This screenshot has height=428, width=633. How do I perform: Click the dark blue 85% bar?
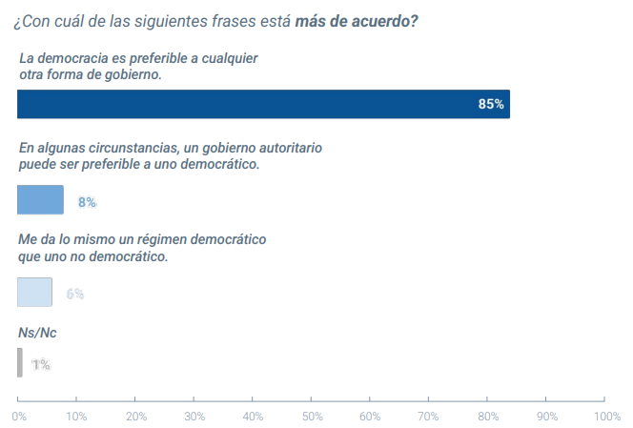pyautogui.click(x=263, y=104)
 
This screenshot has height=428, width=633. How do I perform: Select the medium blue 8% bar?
pyautogui.click(x=40, y=199)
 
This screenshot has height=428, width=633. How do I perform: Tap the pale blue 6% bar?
pyautogui.click(x=34, y=292)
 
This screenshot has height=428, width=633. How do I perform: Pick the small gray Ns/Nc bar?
pyautogui.click(x=19, y=362)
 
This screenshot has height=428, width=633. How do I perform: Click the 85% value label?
pyautogui.click(x=491, y=104)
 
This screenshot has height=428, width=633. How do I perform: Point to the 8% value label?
pyautogui.click(x=88, y=202)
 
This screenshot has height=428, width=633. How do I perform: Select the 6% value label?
pyautogui.click(x=75, y=294)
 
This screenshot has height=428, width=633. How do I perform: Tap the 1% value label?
pyautogui.click(x=41, y=364)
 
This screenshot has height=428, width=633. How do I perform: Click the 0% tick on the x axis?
pyautogui.click(x=18, y=416)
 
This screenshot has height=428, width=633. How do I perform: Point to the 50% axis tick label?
pyautogui.click(x=312, y=416)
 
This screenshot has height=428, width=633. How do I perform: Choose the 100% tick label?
pyautogui.click(x=606, y=416)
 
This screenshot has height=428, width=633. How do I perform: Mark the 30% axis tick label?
pyautogui.click(x=194, y=416)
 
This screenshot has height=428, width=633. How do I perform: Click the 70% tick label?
pyautogui.click(x=429, y=416)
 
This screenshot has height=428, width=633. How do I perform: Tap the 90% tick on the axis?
pyautogui.click(x=547, y=416)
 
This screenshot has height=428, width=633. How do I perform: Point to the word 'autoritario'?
pyautogui.click(x=290, y=149)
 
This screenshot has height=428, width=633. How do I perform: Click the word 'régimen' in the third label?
pyautogui.click(x=144, y=240)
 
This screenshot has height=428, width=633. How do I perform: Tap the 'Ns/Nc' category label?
pyautogui.click(x=37, y=333)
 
